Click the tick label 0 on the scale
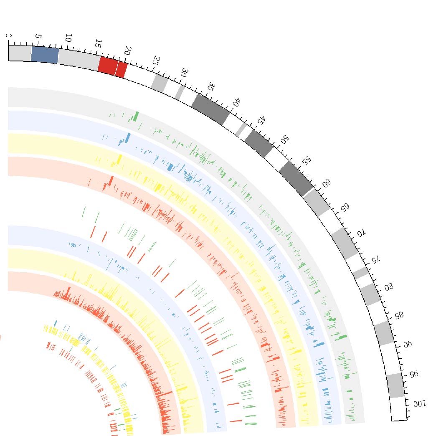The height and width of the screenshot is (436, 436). pyautogui.click(x=10, y=36)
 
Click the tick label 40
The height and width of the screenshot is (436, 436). pyautogui.click(x=237, y=103)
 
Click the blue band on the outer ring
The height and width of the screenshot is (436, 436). pyautogui.click(x=44, y=55)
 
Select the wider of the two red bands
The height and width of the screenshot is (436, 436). pyautogui.click(x=108, y=66)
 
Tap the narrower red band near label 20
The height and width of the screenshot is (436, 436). pyautogui.click(x=121, y=69)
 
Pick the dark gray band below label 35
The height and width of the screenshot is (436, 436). pyautogui.click(x=210, y=109)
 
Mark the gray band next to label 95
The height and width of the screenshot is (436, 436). pyautogui.click(x=395, y=385)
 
